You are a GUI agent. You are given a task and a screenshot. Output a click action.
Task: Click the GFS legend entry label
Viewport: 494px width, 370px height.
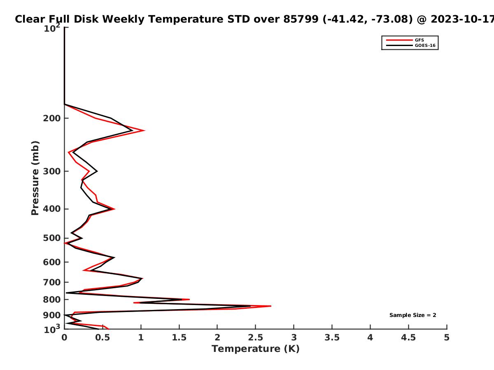coord(419,40)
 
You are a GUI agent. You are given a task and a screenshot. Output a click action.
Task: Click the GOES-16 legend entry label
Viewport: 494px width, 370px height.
coord(425,45)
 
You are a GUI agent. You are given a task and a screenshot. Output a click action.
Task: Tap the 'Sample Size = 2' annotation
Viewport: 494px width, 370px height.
coord(413,315)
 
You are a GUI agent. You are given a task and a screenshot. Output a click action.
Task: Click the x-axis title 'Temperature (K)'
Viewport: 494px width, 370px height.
coord(256,349)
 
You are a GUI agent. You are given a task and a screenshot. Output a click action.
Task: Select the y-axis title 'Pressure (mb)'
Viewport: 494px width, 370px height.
coord(35,178)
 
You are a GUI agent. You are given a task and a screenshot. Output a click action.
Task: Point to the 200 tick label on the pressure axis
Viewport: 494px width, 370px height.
coord(52,118)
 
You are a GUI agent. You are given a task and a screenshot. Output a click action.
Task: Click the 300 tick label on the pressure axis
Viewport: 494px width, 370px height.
coord(52,171)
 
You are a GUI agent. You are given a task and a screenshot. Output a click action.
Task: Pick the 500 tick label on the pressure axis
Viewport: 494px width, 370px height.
coord(52,238)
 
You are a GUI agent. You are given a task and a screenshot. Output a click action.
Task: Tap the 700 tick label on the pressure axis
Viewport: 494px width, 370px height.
coord(52,282)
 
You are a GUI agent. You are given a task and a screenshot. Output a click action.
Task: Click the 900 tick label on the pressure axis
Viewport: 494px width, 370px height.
coord(52,315)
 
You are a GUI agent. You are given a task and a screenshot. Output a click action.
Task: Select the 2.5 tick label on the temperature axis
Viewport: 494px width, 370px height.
coord(256,338)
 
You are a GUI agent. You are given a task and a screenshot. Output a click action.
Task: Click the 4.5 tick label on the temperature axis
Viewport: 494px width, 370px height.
coord(408,338)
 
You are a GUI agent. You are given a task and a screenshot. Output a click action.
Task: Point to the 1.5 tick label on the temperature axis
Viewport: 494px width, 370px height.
coord(179,338)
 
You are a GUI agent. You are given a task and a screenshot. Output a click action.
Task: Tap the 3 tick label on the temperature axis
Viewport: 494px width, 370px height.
coord(294,338)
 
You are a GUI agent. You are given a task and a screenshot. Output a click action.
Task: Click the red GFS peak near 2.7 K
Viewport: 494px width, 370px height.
coord(271,306)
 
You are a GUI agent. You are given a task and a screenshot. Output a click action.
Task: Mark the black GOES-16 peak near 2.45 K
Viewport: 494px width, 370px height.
coord(250,306)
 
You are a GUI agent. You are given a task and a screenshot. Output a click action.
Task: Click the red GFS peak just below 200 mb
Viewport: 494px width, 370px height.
coord(144,130)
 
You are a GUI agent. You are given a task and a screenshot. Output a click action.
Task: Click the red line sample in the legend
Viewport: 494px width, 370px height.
coord(399,40)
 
